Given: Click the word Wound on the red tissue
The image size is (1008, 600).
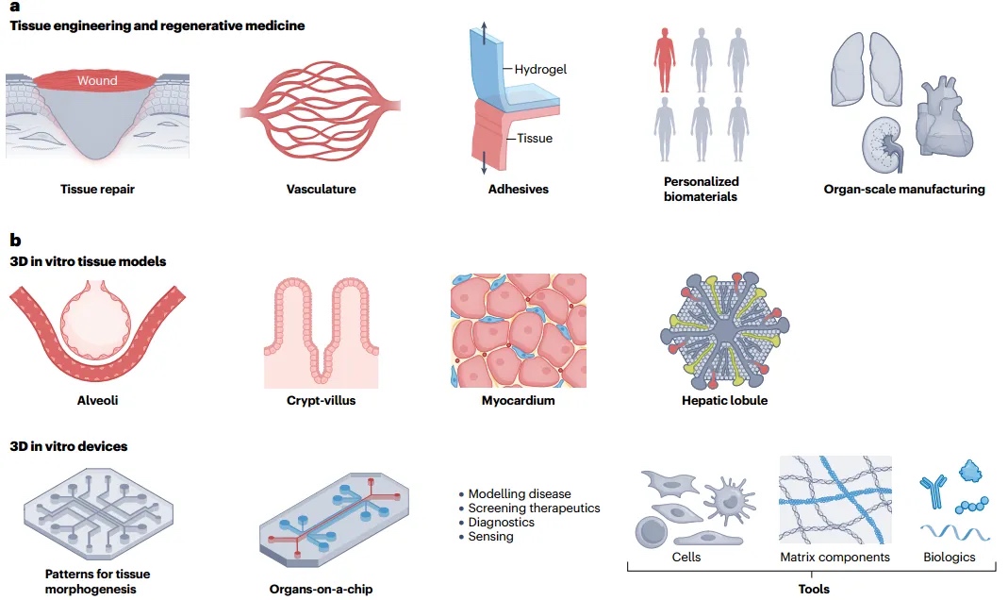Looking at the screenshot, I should [x=97, y=80].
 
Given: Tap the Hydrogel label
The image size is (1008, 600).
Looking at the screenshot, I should [x=540, y=69].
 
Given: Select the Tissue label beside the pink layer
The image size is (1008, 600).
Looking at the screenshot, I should [x=534, y=139].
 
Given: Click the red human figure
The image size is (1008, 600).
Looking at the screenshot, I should [x=665, y=58].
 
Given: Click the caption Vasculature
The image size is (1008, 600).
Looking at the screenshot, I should [x=321, y=190].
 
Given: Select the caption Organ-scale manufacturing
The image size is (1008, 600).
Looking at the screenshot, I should [x=903, y=190].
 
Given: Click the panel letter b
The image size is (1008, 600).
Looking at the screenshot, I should [x=14, y=241].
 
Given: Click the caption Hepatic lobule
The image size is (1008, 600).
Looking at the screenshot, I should [x=724, y=401].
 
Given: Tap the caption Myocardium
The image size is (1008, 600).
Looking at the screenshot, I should [x=518, y=401].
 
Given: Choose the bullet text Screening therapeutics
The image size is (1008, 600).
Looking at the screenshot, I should [x=534, y=508].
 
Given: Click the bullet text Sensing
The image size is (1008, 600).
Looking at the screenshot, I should [x=490, y=536].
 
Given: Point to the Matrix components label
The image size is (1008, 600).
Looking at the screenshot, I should [x=834, y=558].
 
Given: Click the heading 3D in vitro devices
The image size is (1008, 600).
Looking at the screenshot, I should [x=69, y=446].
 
